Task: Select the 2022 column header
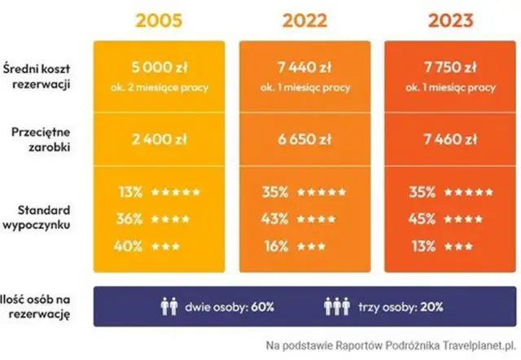(x=306, y=19)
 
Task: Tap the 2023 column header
(x=452, y=19)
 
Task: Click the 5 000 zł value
(x=158, y=68)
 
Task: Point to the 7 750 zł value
(x=451, y=68)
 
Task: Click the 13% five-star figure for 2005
(x=129, y=193)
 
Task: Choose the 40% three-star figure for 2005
(x=129, y=245)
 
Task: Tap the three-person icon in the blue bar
(x=336, y=308)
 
